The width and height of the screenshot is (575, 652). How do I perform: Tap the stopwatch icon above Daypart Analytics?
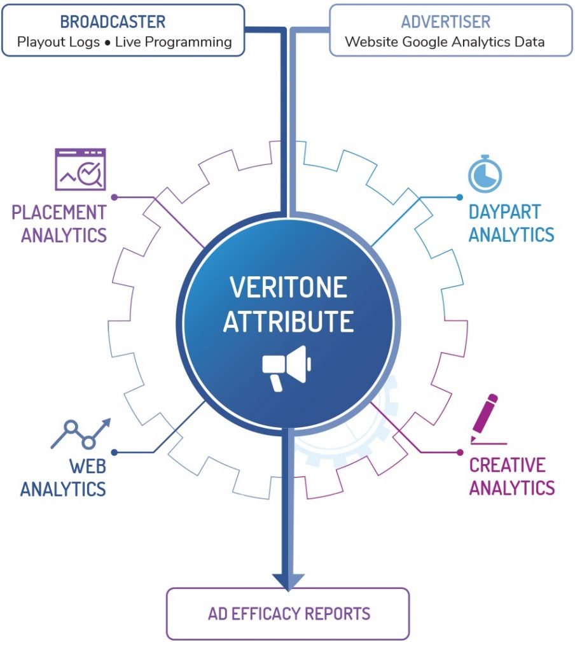coord(485,173)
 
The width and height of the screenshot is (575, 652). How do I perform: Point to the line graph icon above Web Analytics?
coord(80,433)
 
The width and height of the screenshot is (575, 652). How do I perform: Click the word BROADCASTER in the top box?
coord(113,22)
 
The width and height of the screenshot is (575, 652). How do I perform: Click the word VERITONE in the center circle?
coord(288,288)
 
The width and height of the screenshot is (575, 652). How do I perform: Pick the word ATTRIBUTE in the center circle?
coord(288,322)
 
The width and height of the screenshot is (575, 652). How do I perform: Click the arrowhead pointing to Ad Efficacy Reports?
coord(288,580)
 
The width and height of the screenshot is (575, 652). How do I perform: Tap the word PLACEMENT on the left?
coord(59,212)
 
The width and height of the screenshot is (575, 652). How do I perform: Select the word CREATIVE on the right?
coord(507,465)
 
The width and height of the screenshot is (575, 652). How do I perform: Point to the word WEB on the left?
coord(87,466)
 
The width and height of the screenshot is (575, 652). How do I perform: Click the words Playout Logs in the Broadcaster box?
coord(58,42)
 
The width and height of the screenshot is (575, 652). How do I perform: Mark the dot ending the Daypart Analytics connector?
coord(460,197)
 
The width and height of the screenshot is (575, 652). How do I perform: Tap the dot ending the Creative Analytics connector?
coord(460,452)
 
